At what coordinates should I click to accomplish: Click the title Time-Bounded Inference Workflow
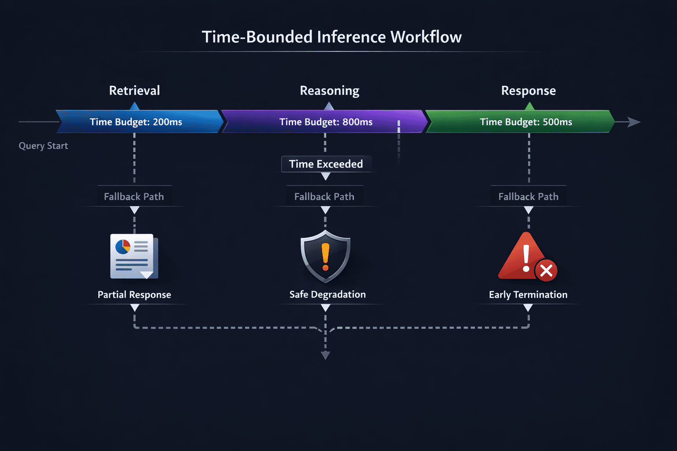coord(331,37)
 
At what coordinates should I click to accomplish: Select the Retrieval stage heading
coord(134,91)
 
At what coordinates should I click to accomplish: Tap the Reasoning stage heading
coord(329,91)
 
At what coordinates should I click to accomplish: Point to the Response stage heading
coord(528,91)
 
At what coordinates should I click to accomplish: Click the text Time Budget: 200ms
coord(136,122)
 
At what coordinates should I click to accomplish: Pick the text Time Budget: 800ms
coord(326,122)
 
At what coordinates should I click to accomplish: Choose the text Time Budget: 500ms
coord(526,122)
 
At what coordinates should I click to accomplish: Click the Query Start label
coord(43,146)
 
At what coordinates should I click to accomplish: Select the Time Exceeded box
coord(326,164)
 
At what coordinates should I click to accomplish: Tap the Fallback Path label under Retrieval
coord(134,196)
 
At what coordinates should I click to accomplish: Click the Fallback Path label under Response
coord(528,196)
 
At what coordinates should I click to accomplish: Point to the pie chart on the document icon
coord(123,247)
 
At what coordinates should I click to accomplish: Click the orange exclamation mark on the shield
coord(326,257)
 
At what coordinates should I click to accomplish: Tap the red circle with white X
coord(546,271)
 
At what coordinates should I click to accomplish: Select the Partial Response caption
coord(134,295)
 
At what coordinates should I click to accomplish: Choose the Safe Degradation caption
coord(327,295)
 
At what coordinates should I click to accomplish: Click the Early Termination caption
coord(528,295)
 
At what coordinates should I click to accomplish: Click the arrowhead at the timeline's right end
coord(634,122)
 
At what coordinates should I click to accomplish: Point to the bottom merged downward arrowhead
coord(325,355)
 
